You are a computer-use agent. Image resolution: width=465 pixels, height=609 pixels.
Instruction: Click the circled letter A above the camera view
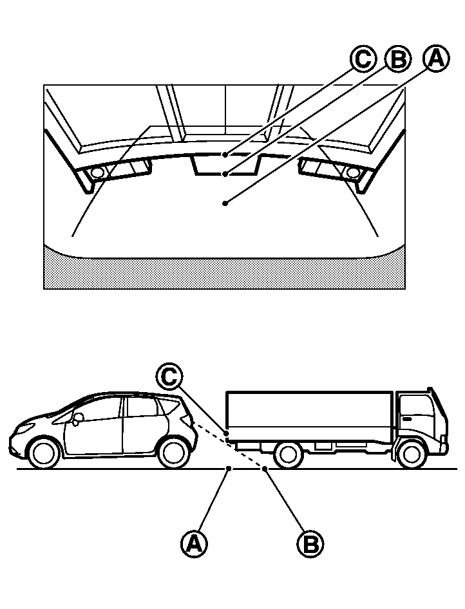click(436, 59)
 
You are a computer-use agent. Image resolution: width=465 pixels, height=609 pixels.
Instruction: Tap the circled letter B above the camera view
click(397, 59)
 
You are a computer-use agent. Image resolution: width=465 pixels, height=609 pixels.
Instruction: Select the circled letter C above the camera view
click(363, 59)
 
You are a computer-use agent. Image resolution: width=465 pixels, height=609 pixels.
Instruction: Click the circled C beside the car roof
click(169, 377)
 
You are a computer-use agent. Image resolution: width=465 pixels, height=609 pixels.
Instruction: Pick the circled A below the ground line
click(194, 543)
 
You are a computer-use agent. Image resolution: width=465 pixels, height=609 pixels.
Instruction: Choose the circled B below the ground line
click(310, 543)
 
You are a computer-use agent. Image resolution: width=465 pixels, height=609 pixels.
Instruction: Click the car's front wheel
click(44, 453)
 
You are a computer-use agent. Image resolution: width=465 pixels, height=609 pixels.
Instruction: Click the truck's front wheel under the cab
click(412, 454)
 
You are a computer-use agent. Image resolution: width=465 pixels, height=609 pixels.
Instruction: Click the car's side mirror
click(78, 418)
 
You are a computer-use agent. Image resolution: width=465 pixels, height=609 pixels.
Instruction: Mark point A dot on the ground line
click(229, 469)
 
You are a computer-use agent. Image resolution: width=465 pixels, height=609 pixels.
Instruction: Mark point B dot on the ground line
click(265, 469)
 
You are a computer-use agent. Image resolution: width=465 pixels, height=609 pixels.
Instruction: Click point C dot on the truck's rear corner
click(226, 433)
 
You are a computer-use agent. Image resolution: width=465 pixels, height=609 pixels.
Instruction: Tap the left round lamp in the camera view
click(97, 173)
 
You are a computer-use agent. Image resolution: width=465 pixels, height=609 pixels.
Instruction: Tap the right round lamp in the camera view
click(352, 173)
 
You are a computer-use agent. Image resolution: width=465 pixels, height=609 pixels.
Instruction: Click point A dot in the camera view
click(225, 203)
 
